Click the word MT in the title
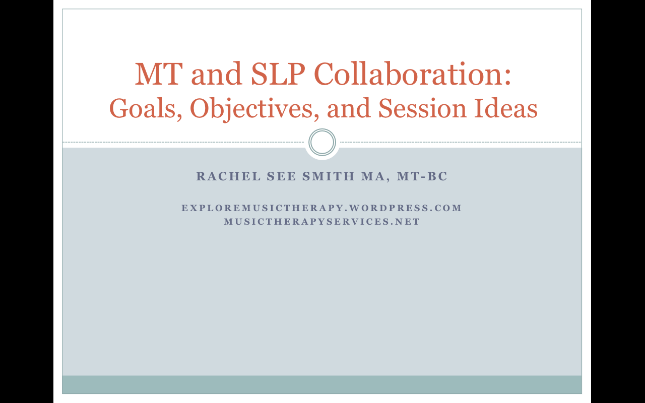coord(159,74)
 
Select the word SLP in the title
coord(278,74)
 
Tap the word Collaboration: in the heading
coord(412,74)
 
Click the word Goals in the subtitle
coord(146,108)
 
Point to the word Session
coord(422,108)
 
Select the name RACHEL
coord(228,176)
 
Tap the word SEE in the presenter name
coord(281,176)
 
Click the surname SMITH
coord(328,176)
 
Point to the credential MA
coord(373,176)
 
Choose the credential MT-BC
coord(422,176)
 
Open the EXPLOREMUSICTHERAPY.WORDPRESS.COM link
coord(321,208)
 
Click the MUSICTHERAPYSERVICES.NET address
coord(322,222)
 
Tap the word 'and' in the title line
coord(217,74)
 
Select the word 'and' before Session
coord(349,108)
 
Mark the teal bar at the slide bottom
coord(322,384)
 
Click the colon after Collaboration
coord(507,77)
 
